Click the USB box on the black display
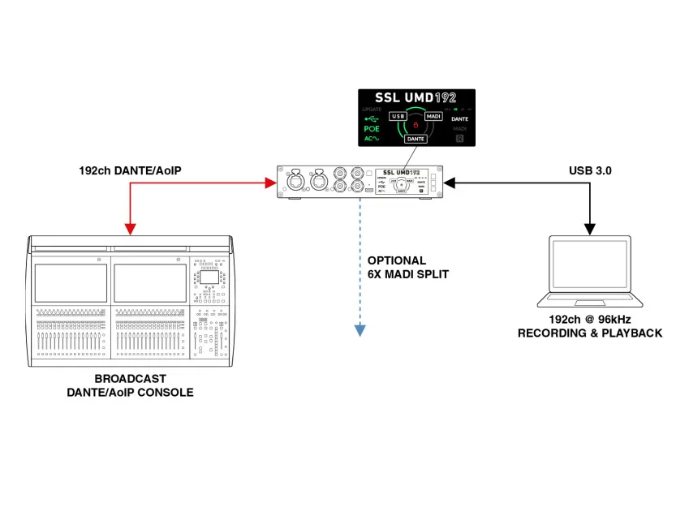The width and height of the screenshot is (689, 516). [398, 117]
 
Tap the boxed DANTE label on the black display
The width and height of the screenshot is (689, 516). [416, 140]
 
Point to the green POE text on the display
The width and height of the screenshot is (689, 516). [372, 129]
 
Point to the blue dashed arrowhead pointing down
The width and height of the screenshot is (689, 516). [357, 330]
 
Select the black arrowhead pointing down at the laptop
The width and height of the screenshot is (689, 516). [592, 226]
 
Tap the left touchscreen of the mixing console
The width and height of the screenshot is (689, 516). [70, 283]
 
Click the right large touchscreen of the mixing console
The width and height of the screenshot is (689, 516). [150, 283]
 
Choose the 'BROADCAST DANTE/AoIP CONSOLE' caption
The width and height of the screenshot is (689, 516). [130, 385]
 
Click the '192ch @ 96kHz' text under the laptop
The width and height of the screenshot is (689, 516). [590, 320]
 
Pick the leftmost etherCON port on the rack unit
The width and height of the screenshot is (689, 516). [293, 183]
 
